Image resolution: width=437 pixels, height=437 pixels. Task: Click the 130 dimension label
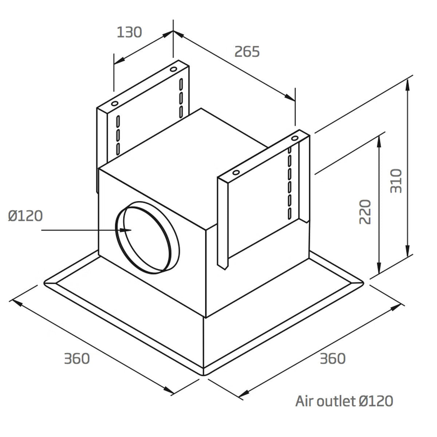pyautogui.click(x=129, y=32)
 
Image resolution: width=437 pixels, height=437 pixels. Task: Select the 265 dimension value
pyautogui.click(x=247, y=51)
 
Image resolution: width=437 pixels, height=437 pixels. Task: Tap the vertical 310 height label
pyautogui.click(x=396, y=181)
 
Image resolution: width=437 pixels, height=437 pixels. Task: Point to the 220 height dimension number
pyautogui.click(x=365, y=212)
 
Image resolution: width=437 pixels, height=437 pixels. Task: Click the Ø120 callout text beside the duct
pyautogui.click(x=25, y=216)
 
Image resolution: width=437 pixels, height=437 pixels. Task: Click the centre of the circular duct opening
pyautogui.click(x=147, y=237)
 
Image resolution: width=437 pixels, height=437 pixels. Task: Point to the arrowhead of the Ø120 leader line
pyautogui.click(x=126, y=230)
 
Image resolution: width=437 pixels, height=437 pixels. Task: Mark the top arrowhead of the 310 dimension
pyautogui.click(x=408, y=85)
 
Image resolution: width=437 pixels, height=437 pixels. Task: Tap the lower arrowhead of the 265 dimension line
pyautogui.click(x=290, y=97)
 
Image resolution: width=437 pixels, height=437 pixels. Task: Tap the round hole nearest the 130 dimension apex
pyautogui.click(x=173, y=69)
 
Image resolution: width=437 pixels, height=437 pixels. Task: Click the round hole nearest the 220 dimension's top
pyautogui.click(x=295, y=138)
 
